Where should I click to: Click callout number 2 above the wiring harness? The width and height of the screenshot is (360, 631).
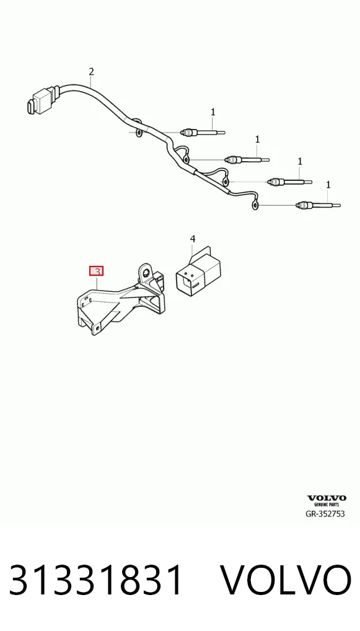(91, 72)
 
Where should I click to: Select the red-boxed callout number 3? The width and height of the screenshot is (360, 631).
(96, 271)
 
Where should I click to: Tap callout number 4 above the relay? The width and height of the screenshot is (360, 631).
(193, 239)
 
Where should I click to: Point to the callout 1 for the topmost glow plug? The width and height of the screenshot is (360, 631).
(213, 112)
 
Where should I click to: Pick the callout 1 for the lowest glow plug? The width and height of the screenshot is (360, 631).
(328, 185)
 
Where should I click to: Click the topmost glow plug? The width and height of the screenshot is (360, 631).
(203, 132)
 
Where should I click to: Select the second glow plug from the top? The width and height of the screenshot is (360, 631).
(247, 159)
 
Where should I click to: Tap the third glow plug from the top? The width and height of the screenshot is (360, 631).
(289, 182)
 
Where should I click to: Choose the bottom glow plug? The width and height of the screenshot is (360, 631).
(318, 205)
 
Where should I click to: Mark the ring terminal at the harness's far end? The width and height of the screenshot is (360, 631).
(254, 206)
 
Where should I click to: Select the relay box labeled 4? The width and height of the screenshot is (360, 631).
(198, 271)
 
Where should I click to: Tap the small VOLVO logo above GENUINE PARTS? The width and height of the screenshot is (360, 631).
(327, 498)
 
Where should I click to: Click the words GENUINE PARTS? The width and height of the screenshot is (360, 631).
(327, 504)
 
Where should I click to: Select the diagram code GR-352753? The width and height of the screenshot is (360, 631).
(325, 513)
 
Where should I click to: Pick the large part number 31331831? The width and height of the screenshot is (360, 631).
(96, 580)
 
